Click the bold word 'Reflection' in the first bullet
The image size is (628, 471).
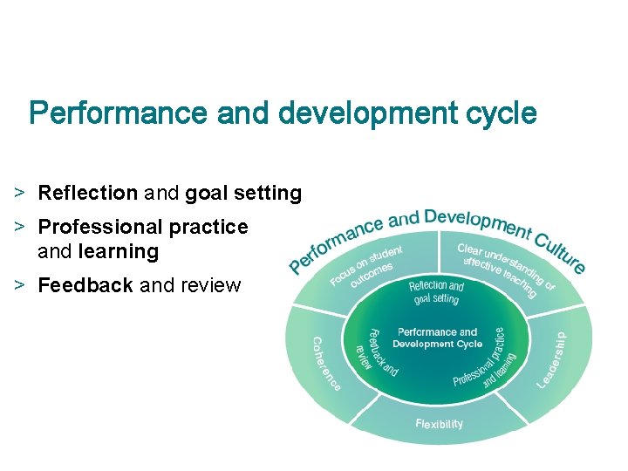pyautogui.click(x=87, y=193)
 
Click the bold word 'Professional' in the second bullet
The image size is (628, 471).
pyautogui.click(x=100, y=227)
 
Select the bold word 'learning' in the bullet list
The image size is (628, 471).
pyautogui.click(x=119, y=252)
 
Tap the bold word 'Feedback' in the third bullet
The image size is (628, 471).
pyautogui.click(x=85, y=285)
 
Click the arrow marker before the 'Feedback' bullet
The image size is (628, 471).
pyautogui.click(x=18, y=285)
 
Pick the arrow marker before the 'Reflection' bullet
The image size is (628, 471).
pyautogui.click(x=18, y=193)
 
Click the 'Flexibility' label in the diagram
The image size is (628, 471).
pyautogui.click(x=439, y=425)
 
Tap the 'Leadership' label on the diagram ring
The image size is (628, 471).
pyautogui.click(x=552, y=359)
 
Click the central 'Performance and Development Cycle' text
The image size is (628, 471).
pyautogui.click(x=437, y=338)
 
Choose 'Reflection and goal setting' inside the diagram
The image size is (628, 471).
pyautogui.click(x=436, y=292)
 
